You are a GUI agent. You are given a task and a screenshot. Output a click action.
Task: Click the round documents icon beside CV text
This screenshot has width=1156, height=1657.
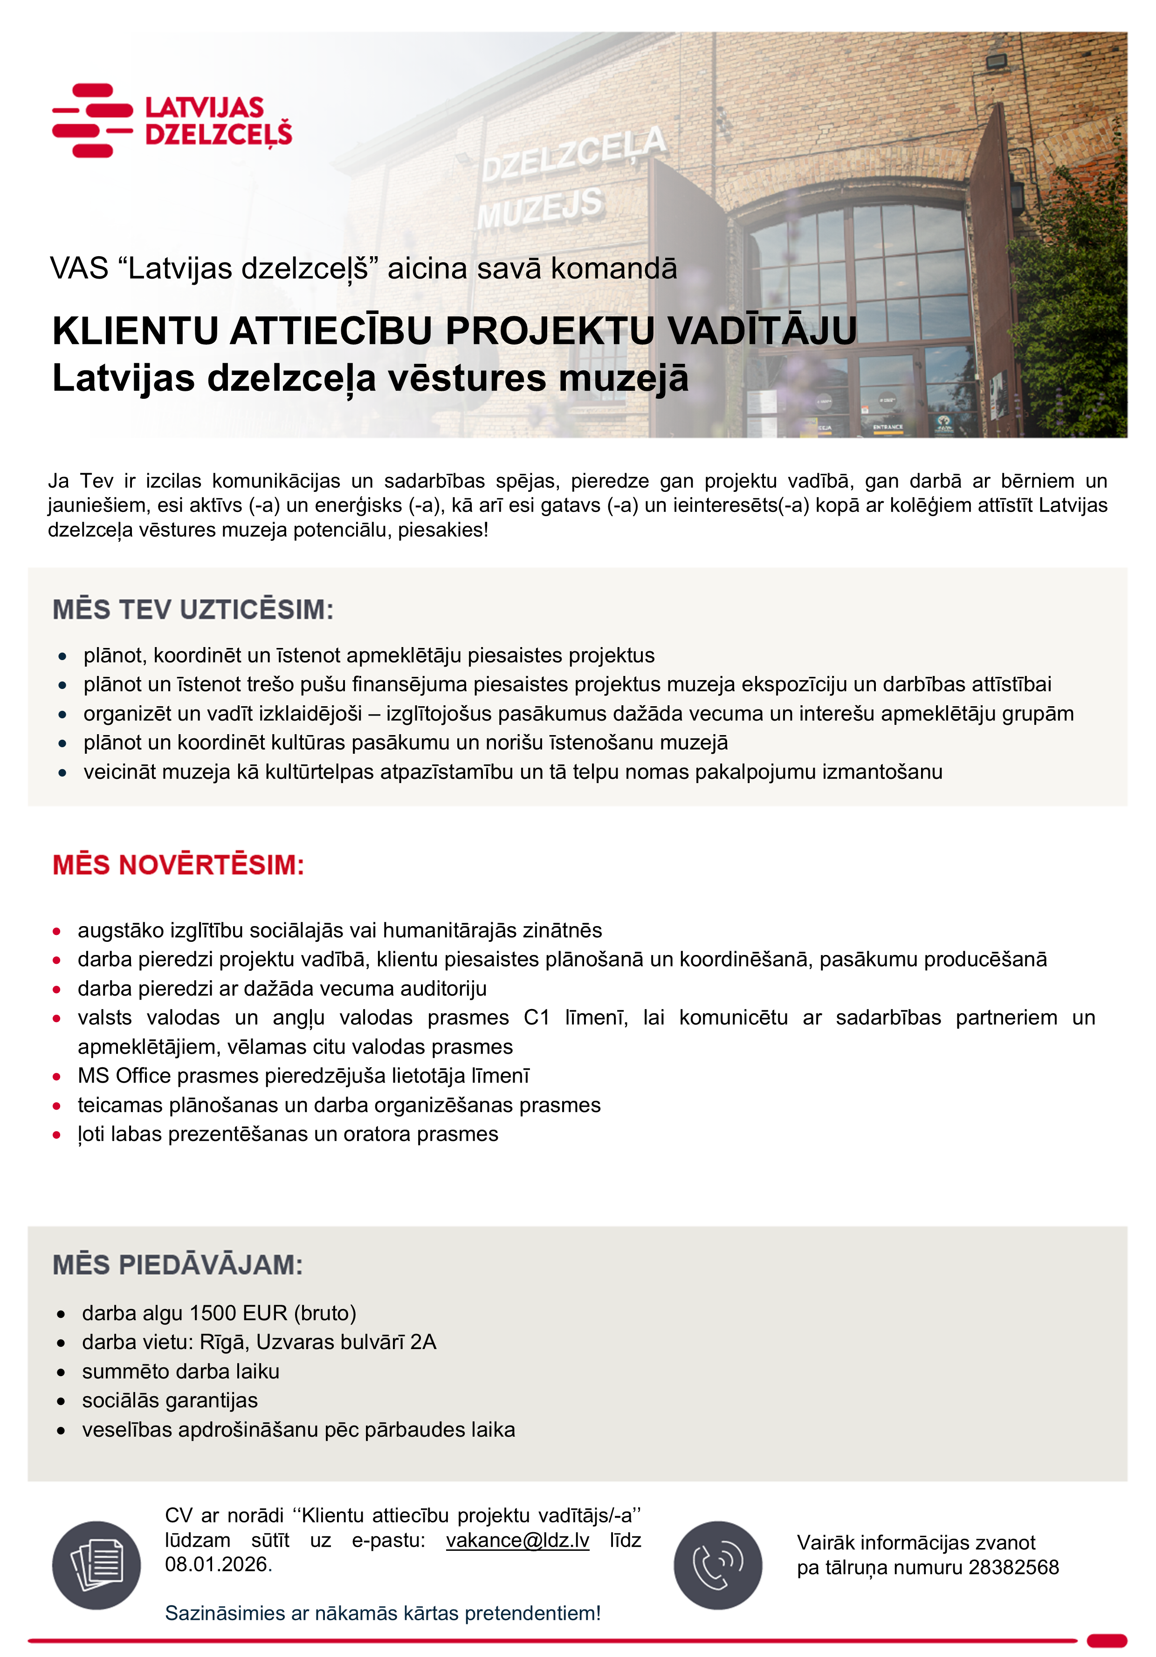[97, 1565]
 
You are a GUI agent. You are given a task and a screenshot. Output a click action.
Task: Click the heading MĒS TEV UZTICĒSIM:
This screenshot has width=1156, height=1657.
[193, 609]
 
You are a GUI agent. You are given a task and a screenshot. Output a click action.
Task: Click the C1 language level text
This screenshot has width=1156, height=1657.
[537, 1017]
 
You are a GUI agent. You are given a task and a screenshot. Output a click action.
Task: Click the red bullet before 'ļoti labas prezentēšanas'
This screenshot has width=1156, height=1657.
[57, 1134]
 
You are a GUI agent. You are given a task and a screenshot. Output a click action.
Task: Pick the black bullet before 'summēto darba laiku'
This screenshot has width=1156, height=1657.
[62, 1372]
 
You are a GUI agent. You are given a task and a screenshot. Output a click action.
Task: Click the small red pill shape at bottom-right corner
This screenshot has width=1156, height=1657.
[1106, 1640]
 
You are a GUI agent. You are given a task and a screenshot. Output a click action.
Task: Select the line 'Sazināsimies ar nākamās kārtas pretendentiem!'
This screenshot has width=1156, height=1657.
[383, 1613]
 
